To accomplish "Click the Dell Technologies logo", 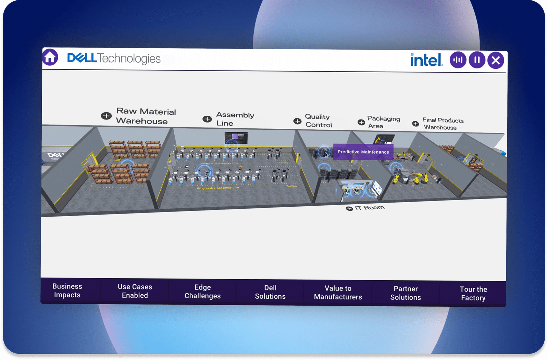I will (x=114, y=58).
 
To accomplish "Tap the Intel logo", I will (x=426, y=60).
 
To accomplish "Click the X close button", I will (x=496, y=61).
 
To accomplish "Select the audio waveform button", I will (x=458, y=60).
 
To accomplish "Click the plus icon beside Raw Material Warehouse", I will (x=106, y=116).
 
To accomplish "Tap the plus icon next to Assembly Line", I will (x=207, y=119).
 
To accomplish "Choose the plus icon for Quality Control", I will (x=297, y=121).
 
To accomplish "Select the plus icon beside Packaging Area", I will (x=361, y=122).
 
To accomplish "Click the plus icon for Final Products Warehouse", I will (x=415, y=124).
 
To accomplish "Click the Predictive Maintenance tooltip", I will (x=363, y=152).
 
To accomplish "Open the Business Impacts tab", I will (x=67, y=291).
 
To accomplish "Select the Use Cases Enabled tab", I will (x=135, y=291).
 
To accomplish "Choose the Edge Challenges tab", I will (x=202, y=292).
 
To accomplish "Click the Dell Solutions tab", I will (x=270, y=292).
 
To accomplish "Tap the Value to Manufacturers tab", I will (x=338, y=293).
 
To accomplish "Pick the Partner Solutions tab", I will (x=406, y=293).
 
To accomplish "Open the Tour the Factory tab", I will (x=473, y=294).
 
